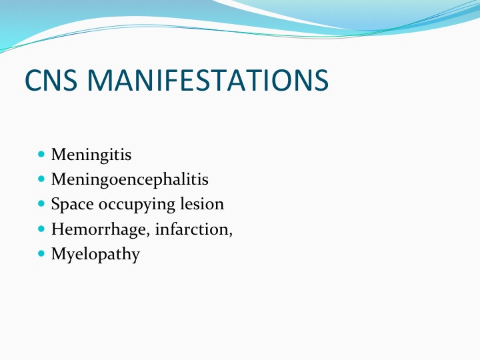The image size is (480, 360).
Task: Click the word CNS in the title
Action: point(51,80)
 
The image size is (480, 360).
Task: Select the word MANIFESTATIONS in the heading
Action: point(208,80)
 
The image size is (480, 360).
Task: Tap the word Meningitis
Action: point(91,155)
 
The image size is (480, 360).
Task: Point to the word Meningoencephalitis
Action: point(130,179)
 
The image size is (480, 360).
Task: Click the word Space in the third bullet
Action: point(72,205)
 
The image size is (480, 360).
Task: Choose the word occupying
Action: point(137,205)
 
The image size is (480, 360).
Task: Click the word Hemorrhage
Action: point(101,229)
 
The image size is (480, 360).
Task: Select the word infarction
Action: point(192,229)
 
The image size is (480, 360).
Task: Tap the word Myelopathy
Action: point(95,255)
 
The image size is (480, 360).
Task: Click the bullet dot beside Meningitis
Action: point(41,154)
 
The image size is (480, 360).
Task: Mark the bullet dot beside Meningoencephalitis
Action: point(41,179)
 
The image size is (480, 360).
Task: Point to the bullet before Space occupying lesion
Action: point(41,203)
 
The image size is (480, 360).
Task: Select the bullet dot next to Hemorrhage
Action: point(41,229)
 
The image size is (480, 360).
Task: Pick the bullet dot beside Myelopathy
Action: point(41,253)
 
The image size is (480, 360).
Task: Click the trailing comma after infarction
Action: point(231,235)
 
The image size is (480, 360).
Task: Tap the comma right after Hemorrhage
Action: point(148,235)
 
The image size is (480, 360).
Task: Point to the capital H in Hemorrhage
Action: point(59,229)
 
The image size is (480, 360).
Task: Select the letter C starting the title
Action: point(33,80)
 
